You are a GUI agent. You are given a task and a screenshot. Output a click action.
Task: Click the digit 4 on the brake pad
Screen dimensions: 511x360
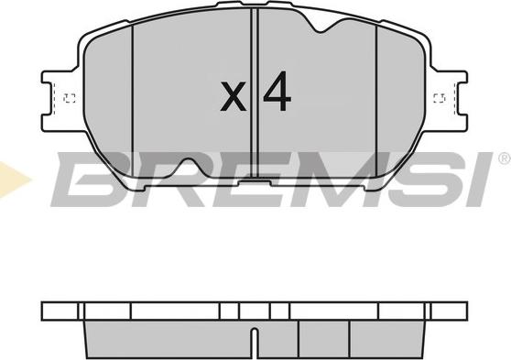point(277,91)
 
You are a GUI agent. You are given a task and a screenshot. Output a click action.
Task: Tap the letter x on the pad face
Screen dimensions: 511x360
point(233,96)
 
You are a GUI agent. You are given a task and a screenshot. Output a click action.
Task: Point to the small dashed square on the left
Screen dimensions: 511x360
point(70,98)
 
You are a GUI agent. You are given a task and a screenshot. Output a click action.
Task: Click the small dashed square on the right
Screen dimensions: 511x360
point(440,98)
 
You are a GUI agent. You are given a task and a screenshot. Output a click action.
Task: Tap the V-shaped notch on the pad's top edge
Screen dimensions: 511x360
point(321,26)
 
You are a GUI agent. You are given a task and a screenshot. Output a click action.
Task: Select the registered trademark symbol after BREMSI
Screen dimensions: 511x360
point(505,158)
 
